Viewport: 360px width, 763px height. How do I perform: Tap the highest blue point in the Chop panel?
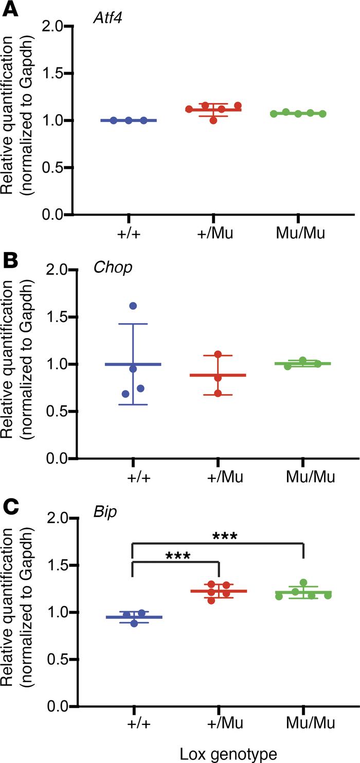click(x=133, y=306)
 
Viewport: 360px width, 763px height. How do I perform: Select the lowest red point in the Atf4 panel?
click(x=213, y=120)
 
